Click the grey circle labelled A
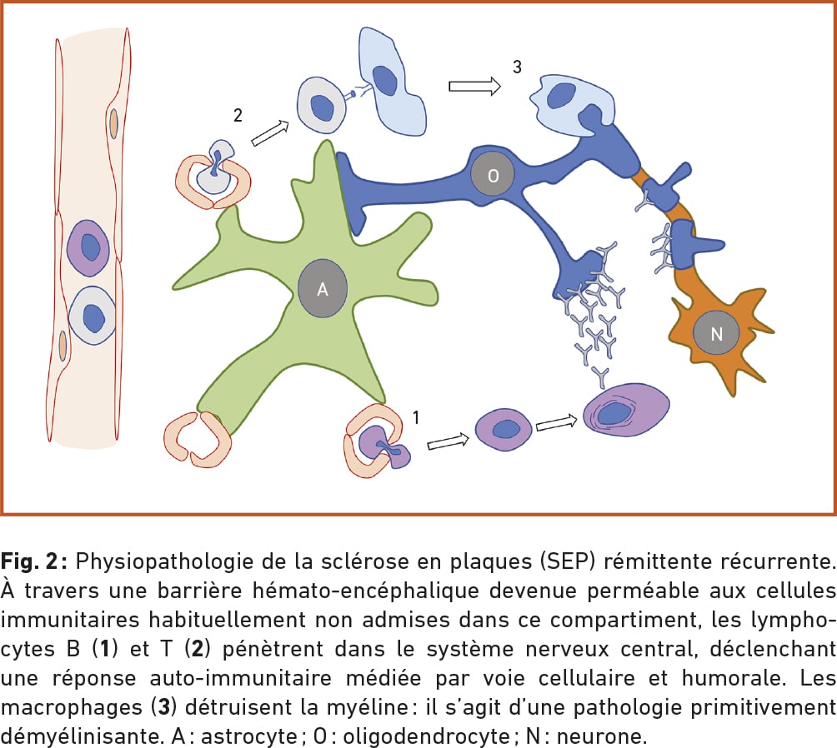tap(321, 290)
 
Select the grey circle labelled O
tap(493, 177)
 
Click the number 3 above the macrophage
tap(517, 67)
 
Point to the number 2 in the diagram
tap(238, 116)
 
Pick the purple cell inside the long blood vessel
tap(88, 248)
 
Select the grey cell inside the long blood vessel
tap(93, 317)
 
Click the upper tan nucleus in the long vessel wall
tap(113, 123)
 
